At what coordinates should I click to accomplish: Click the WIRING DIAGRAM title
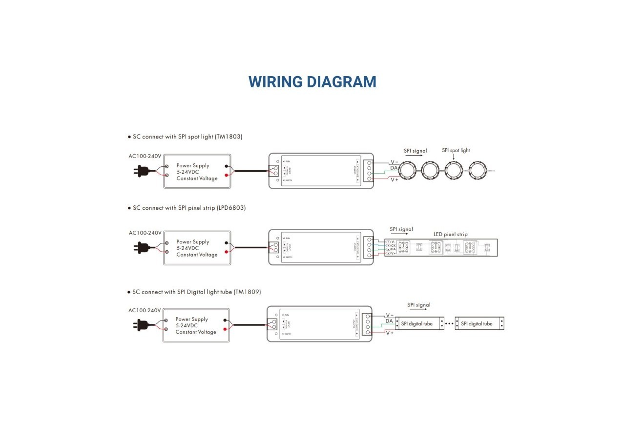312,82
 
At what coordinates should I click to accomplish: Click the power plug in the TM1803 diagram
143,171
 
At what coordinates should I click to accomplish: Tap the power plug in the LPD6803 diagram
143,247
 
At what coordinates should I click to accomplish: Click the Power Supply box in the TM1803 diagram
197,172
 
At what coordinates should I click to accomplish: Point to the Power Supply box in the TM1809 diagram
196,325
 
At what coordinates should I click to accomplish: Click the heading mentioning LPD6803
189,208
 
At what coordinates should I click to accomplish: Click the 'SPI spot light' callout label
456,150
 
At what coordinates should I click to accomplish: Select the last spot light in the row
478,171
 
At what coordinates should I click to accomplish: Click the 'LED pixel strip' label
450,234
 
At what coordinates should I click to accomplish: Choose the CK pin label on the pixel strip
393,245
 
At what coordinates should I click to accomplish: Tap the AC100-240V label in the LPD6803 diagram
145,233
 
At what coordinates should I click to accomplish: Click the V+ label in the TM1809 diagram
390,333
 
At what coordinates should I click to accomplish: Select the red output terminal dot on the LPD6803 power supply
226,252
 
